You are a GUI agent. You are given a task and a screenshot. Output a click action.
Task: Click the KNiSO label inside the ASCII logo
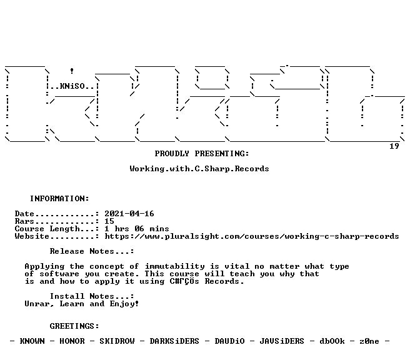pos(72,86)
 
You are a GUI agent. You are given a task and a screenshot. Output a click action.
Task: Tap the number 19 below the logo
pos(394,146)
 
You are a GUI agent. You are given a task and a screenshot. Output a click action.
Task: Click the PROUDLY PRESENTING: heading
pos(202,154)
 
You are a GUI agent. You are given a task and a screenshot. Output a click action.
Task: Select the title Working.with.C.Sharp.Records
pos(199,169)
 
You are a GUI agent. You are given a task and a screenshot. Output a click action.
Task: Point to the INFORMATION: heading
pos(59,199)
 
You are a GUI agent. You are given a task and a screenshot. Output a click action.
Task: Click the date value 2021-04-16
pos(129,214)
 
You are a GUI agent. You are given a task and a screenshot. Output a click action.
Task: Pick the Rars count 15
pos(109,221)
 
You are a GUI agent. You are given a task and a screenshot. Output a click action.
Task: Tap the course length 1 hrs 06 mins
pos(136,229)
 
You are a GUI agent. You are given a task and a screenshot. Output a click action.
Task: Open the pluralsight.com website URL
pos(252,236)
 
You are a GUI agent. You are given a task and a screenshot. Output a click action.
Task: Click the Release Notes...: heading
pos(92,251)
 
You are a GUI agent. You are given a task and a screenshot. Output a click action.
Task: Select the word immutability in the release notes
pos(174,266)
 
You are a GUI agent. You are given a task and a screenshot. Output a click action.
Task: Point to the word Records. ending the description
pos(224,281)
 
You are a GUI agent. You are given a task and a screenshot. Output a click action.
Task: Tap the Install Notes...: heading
pos(92,296)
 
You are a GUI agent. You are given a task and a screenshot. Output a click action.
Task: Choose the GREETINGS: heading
pos(74,326)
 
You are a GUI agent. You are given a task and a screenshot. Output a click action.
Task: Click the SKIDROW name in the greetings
pos(117,341)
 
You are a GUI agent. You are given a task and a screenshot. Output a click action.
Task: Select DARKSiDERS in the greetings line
pos(174,341)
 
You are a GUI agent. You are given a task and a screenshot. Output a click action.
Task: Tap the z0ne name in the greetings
pos(369,341)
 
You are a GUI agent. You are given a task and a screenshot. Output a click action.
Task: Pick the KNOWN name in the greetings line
pos(32,341)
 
